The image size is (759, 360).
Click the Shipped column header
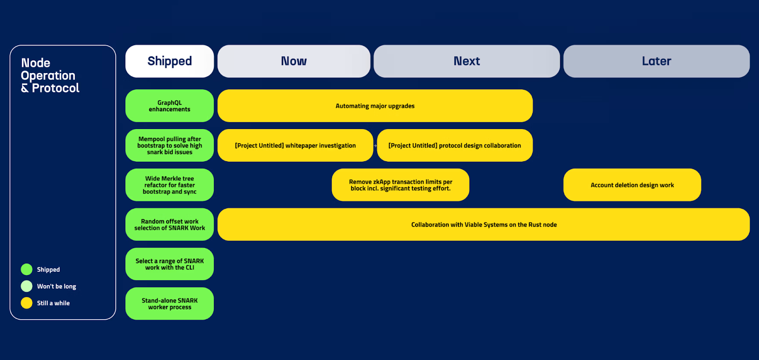[x=169, y=61]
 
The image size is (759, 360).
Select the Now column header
[x=294, y=61]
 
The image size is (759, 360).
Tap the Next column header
[x=467, y=61]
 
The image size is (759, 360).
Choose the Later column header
[x=657, y=61]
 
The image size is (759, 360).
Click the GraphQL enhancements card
[x=169, y=106]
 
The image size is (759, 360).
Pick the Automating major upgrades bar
[x=375, y=106]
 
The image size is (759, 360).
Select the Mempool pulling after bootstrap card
[x=169, y=146]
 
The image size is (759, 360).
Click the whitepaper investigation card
[x=295, y=146]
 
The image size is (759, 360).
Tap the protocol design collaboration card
[x=454, y=146]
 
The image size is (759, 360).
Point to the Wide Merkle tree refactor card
[x=169, y=185]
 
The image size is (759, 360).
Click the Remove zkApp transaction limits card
[x=400, y=185]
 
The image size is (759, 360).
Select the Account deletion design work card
[x=632, y=185]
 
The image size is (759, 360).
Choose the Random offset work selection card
[x=169, y=224]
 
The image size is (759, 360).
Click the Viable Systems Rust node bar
[x=483, y=224]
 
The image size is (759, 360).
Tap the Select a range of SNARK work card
[x=169, y=264]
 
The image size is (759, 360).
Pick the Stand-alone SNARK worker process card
[x=169, y=304]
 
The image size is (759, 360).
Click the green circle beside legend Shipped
[x=27, y=269]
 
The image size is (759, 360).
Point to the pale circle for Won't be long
[x=27, y=286]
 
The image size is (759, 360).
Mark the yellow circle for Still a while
[x=27, y=303]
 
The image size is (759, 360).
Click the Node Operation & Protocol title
[x=50, y=75]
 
